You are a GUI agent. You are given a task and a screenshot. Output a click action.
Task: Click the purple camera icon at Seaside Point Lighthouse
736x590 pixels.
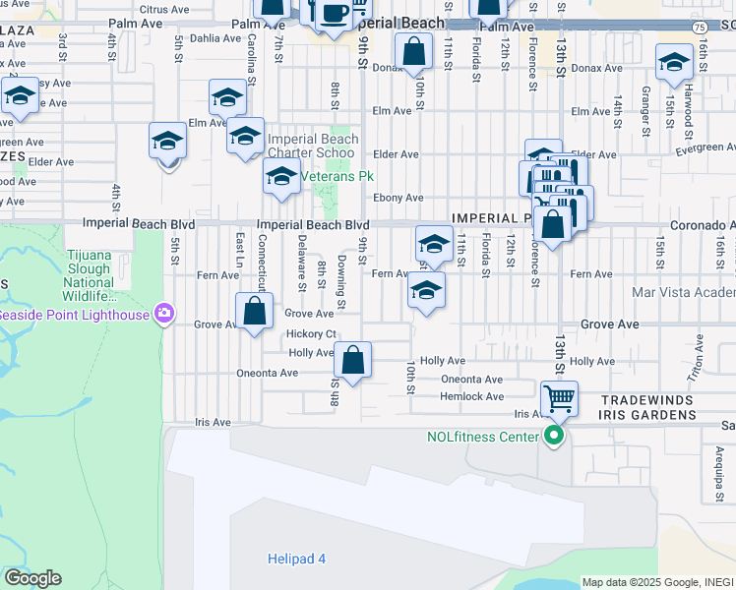(x=164, y=315)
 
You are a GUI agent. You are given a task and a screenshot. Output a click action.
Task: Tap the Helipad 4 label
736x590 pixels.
(x=295, y=560)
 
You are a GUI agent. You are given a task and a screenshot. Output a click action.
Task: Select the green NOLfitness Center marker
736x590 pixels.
(x=554, y=437)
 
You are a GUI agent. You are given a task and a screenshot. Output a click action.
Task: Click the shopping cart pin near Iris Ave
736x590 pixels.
(x=559, y=399)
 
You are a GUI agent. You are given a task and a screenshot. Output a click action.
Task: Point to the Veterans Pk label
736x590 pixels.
(x=337, y=177)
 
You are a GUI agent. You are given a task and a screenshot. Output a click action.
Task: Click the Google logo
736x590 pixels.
(x=32, y=578)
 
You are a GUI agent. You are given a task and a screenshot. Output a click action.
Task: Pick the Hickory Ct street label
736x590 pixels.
(x=311, y=333)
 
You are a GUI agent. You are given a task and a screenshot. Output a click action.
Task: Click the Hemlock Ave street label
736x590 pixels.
(x=472, y=396)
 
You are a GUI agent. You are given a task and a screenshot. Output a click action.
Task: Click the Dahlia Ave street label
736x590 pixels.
(x=215, y=38)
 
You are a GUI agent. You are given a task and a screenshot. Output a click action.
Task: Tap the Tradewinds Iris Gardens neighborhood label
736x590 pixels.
(x=646, y=408)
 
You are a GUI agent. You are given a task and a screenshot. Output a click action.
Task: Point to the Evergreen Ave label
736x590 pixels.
(x=705, y=147)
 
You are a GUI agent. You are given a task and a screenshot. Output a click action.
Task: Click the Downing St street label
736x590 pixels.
(x=341, y=280)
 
